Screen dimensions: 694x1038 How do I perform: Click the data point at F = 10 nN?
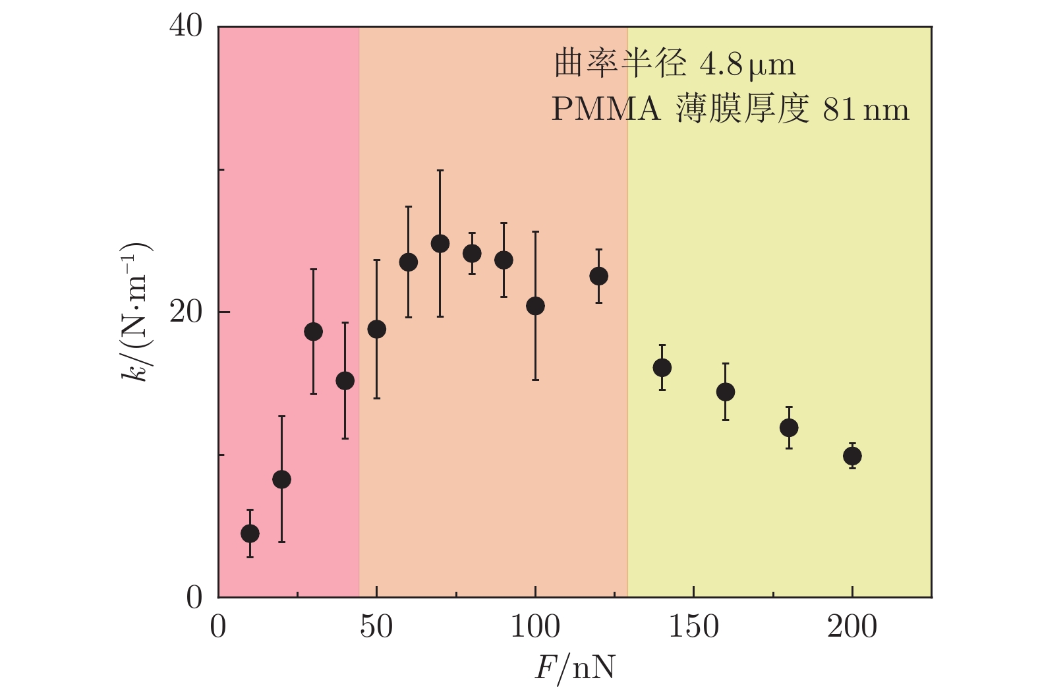pyautogui.click(x=250, y=533)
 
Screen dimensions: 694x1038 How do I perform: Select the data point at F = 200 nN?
pyautogui.click(x=852, y=455)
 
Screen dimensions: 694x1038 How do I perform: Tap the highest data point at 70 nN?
pyautogui.click(x=440, y=244)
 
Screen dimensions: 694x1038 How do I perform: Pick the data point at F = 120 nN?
pyautogui.click(x=598, y=276)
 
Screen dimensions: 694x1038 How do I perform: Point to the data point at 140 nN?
pyautogui.click(x=662, y=368)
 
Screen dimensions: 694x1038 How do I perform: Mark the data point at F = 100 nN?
pyautogui.click(x=535, y=306)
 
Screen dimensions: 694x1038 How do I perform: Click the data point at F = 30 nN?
pyautogui.click(x=313, y=332)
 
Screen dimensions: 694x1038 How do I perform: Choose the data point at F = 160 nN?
pyautogui.click(x=725, y=392)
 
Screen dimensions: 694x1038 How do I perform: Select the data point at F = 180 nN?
pyautogui.click(x=789, y=428)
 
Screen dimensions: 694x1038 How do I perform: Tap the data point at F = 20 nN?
pyautogui.click(x=281, y=479)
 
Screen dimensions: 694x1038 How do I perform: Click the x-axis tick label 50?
pyautogui.click(x=376, y=627)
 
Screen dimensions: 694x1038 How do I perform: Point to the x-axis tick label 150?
pyautogui.click(x=693, y=627)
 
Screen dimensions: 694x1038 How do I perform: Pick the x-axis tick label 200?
pyautogui.click(x=852, y=627)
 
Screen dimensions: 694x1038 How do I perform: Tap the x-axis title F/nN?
pyautogui.click(x=574, y=668)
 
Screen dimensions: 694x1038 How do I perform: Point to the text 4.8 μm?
pyautogui.click(x=747, y=65)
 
